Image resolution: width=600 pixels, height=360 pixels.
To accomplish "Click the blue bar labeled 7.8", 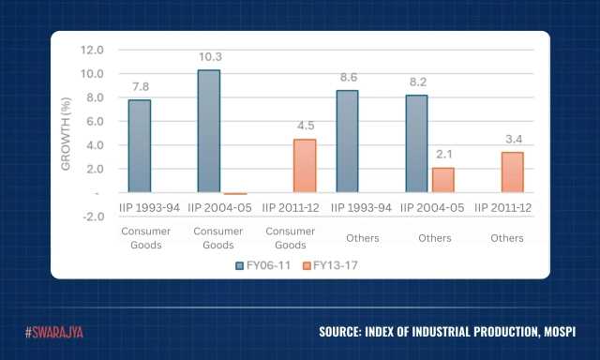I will point(140,145).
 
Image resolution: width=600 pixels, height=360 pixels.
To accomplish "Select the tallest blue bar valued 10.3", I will point(208,131).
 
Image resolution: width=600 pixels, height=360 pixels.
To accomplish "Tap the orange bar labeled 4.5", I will point(305,166).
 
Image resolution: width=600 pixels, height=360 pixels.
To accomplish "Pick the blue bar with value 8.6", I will point(346,141).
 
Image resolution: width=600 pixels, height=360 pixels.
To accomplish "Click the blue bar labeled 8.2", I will point(415,143).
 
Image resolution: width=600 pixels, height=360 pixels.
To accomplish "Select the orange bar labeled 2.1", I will point(442,180).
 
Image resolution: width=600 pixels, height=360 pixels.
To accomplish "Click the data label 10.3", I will point(208,57).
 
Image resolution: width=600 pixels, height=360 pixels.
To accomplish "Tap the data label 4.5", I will point(305,126).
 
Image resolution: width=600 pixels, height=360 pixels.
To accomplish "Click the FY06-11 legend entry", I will point(263,264).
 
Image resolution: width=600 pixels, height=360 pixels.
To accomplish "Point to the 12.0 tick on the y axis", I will point(91,50).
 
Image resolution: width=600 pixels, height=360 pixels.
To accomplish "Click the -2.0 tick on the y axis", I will point(91,217).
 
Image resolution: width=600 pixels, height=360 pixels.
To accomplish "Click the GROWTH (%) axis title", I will point(66,132).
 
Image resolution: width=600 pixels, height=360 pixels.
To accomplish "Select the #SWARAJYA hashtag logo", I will point(53,332).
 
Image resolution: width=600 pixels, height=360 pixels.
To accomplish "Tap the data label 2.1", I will point(442,154).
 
